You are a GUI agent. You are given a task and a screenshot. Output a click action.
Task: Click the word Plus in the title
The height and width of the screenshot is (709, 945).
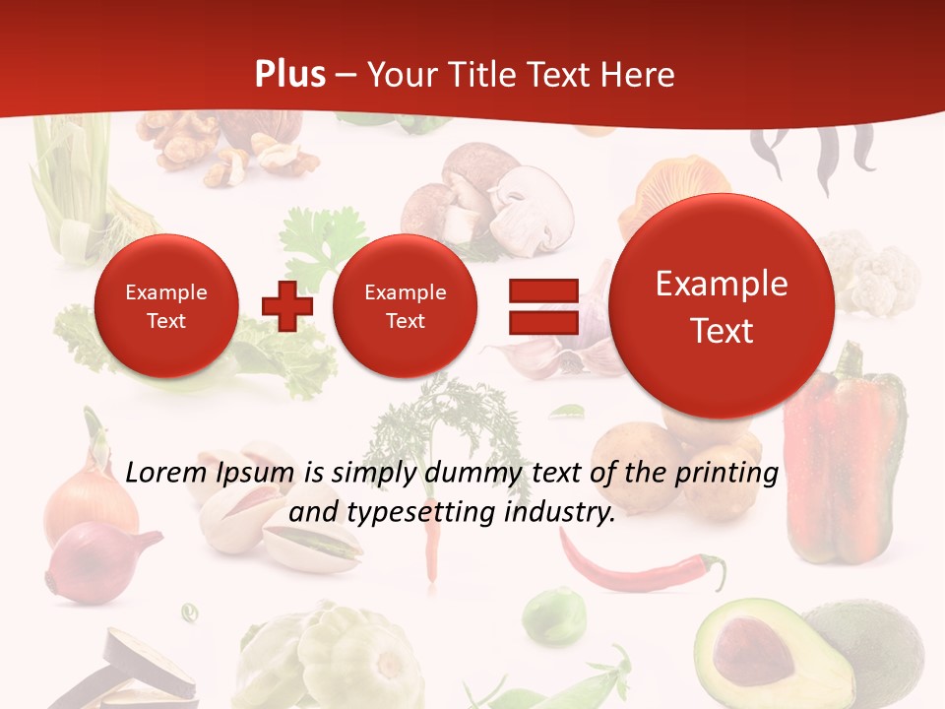pyautogui.click(x=289, y=75)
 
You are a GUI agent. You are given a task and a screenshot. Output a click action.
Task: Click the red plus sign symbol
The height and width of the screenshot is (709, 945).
pyautogui.click(x=286, y=306)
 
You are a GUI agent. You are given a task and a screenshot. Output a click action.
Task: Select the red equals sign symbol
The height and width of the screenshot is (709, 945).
pyautogui.click(x=542, y=306)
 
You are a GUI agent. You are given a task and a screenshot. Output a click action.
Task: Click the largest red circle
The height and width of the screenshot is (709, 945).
pyautogui.click(x=722, y=306)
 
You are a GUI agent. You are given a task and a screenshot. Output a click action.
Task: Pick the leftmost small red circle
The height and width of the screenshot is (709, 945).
pyautogui.click(x=165, y=306)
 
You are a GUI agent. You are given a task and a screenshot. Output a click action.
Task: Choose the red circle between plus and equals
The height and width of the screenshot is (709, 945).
pyautogui.click(x=405, y=306)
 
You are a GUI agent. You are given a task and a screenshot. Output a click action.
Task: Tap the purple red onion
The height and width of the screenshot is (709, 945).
pyautogui.click(x=90, y=561)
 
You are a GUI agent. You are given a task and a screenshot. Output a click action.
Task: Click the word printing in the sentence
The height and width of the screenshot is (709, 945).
pyautogui.click(x=727, y=474)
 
